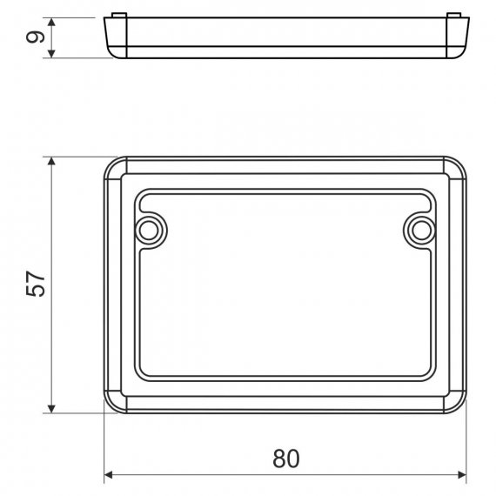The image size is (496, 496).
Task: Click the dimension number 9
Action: pos(35,37)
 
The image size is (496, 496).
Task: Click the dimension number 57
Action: pos(36,284)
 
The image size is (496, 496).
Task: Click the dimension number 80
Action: pos(285,459)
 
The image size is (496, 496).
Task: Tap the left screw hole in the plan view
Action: pos(149,231)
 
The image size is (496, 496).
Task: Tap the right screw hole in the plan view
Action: pos(421,231)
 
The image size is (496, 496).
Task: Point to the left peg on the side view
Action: pos(119,15)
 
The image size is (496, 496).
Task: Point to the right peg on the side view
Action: pos(453,15)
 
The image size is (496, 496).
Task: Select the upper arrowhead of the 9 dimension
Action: pos(52,22)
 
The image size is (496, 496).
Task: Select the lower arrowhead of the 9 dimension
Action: pos(52,54)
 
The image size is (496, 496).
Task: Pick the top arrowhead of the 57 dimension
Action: pos(51,161)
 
